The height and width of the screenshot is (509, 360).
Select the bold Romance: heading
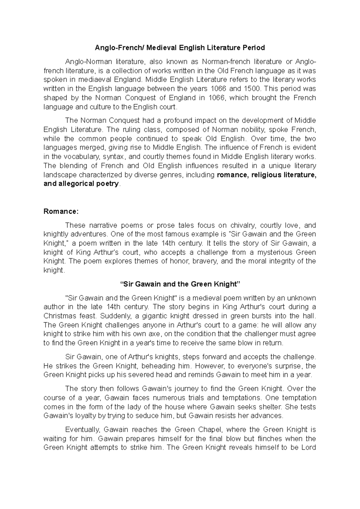(61, 211)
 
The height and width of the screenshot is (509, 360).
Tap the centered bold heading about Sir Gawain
(180, 284)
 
